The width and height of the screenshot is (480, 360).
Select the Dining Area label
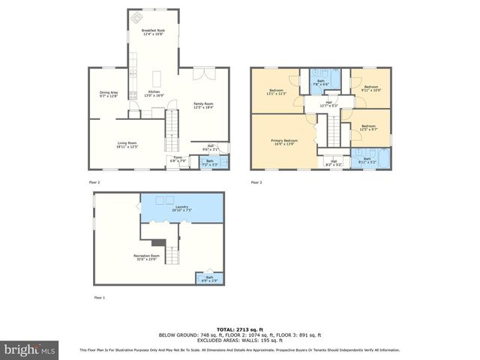pyautogui.click(x=109, y=94)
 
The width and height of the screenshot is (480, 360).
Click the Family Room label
pyautogui.click(x=203, y=105)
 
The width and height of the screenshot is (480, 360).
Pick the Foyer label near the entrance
pyautogui.click(x=178, y=159)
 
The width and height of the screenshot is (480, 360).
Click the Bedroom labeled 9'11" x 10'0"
pyautogui.click(x=372, y=88)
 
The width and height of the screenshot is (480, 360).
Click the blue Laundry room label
pyautogui.click(x=182, y=208)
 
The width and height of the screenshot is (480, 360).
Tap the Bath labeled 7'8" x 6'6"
pyautogui.click(x=321, y=83)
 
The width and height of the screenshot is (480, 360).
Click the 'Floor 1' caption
pyautogui.click(x=99, y=298)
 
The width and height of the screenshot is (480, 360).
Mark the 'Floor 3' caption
pyautogui.click(x=256, y=182)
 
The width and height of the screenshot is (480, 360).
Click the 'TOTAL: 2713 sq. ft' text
pyautogui.click(x=239, y=328)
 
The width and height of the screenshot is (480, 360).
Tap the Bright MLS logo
pyautogui.click(x=30, y=349)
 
